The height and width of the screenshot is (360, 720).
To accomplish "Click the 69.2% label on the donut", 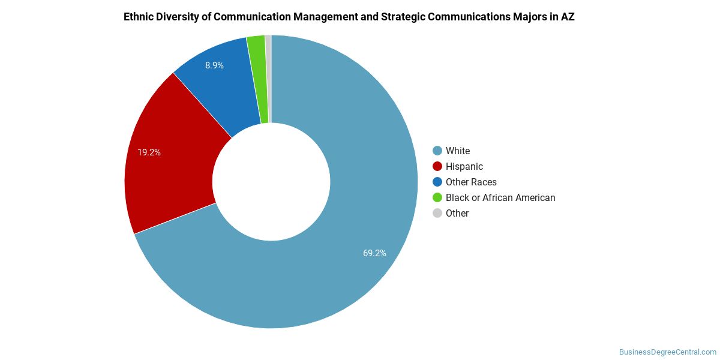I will point(374,253).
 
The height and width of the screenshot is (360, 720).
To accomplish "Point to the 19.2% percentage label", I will point(149,152).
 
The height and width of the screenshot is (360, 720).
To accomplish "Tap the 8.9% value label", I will point(214,65).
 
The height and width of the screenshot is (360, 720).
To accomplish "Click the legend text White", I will point(458,151).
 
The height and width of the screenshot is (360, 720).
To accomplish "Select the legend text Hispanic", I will point(464,166).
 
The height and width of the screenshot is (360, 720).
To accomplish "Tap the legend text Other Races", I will point(471,182).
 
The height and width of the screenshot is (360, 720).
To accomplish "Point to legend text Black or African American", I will point(500,197).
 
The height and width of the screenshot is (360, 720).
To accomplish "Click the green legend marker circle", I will point(437,197).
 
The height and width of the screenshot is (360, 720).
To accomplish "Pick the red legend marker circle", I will point(437,166).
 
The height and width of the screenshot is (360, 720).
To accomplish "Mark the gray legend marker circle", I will point(437,213).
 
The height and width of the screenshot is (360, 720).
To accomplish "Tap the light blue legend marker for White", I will point(437,151).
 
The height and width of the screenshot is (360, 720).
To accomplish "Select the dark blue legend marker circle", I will point(437,182).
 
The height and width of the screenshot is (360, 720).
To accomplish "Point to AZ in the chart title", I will point(568,17).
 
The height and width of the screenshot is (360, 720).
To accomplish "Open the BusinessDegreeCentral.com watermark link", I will point(667,352).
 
